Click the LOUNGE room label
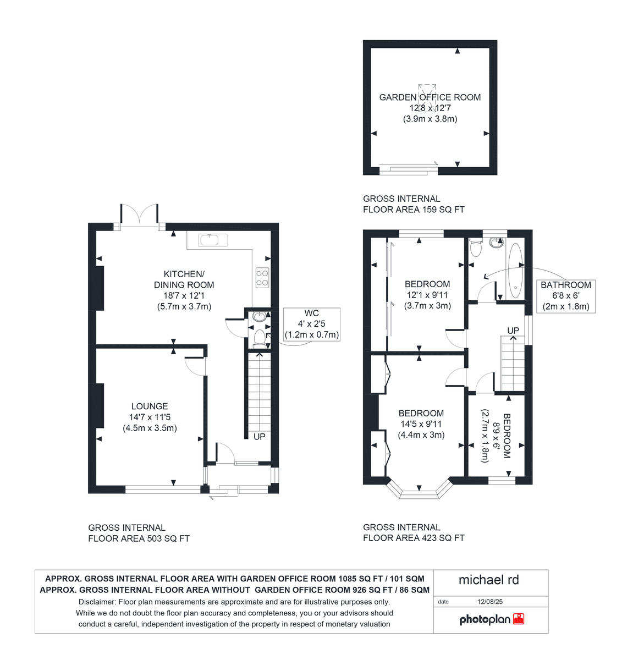tap(150, 406)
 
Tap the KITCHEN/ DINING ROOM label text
tap(184, 279)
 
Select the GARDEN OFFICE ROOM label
tap(430, 97)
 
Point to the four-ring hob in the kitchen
tap(262, 277)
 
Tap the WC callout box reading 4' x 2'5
tap(311, 324)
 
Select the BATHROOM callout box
tap(565, 296)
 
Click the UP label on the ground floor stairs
tap(259, 437)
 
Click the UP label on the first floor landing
tap(513, 331)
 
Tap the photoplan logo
tap(491, 620)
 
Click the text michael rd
tap(488, 580)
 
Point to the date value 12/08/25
tap(489, 602)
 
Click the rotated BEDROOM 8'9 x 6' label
tap(496, 435)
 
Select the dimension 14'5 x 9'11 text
tap(421, 424)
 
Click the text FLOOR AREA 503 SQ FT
tap(139, 538)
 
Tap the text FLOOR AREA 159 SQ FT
tap(414, 210)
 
